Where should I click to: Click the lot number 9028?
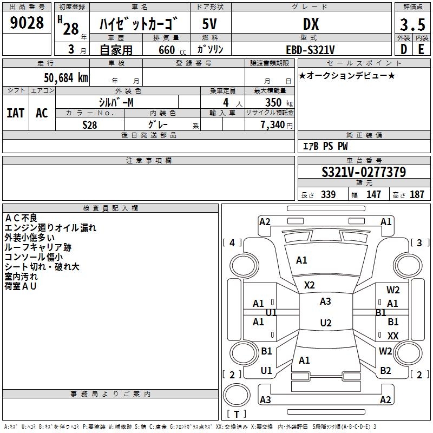coord(27,22)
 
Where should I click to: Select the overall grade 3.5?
coord(412,24)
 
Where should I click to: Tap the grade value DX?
coord(311,24)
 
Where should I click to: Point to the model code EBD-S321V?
coord(310,50)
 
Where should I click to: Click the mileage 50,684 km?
coord(66,78)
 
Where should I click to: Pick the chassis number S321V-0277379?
coord(364,172)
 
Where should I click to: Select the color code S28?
coord(89,125)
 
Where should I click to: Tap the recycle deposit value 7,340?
coord(272,125)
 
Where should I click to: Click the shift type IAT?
coord(15,113)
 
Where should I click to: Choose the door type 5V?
coord(209,24)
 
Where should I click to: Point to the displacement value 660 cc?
coord(172,50)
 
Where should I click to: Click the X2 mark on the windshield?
coord(309,285)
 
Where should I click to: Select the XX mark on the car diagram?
coord(393,336)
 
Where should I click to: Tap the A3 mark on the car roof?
coord(325,301)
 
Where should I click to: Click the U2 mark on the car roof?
coord(326,323)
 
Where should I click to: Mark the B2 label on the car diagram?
coord(385,371)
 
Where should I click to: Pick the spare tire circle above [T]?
coord(237,395)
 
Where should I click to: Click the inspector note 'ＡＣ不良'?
coord(21,218)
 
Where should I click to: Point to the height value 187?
coord(417,194)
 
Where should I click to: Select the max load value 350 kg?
coord(279,102)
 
